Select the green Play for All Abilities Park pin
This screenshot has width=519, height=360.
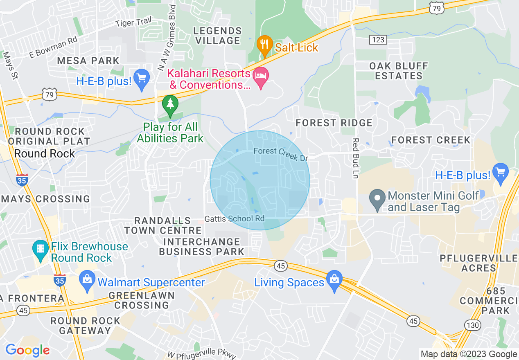[170, 104]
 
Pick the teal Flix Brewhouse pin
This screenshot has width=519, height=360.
[40, 249]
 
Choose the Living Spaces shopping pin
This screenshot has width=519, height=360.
[334, 280]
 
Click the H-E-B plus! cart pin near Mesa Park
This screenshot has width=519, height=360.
[142, 79]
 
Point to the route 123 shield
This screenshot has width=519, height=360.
[377, 39]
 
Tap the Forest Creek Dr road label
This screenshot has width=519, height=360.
[280, 154]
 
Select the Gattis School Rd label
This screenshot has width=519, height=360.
[235, 218]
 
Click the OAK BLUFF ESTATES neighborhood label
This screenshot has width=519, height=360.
[399, 71]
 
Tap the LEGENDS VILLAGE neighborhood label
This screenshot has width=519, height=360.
[217, 36]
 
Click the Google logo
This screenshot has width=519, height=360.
[27, 350]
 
